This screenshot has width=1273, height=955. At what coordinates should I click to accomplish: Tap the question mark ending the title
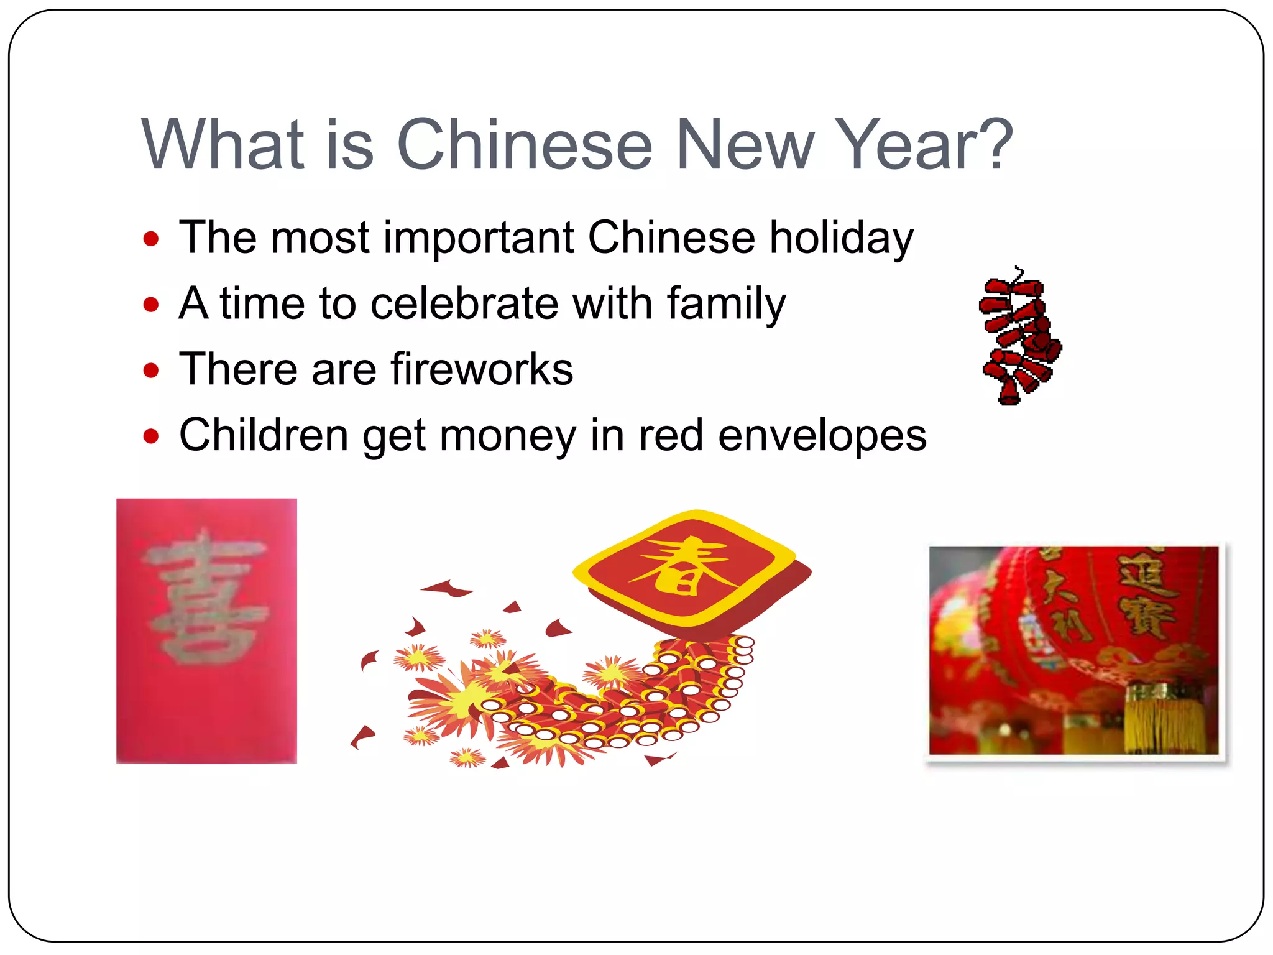pyautogui.click(x=992, y=144)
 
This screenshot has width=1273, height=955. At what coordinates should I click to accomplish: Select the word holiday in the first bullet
pyautogui.click(x=841, y=238)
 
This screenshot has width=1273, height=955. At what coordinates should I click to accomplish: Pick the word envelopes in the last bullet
pyautogui.click(x=822, y=435)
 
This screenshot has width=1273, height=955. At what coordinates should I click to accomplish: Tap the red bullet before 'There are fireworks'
pyautogui.click(x=150, y=371)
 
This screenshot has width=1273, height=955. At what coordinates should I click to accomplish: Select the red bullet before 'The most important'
pyautogui.click(x=150, y=239)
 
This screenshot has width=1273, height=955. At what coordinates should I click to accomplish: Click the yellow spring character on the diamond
pyautogui.click(x=682, y=566)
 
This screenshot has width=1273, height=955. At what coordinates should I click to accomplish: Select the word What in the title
pyautogui.click(x=223, y=144)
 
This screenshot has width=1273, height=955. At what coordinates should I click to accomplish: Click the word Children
pyautogui.click(x=264, y=435)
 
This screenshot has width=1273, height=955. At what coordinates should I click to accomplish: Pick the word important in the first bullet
pyautogui.click(x=479, y=238)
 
